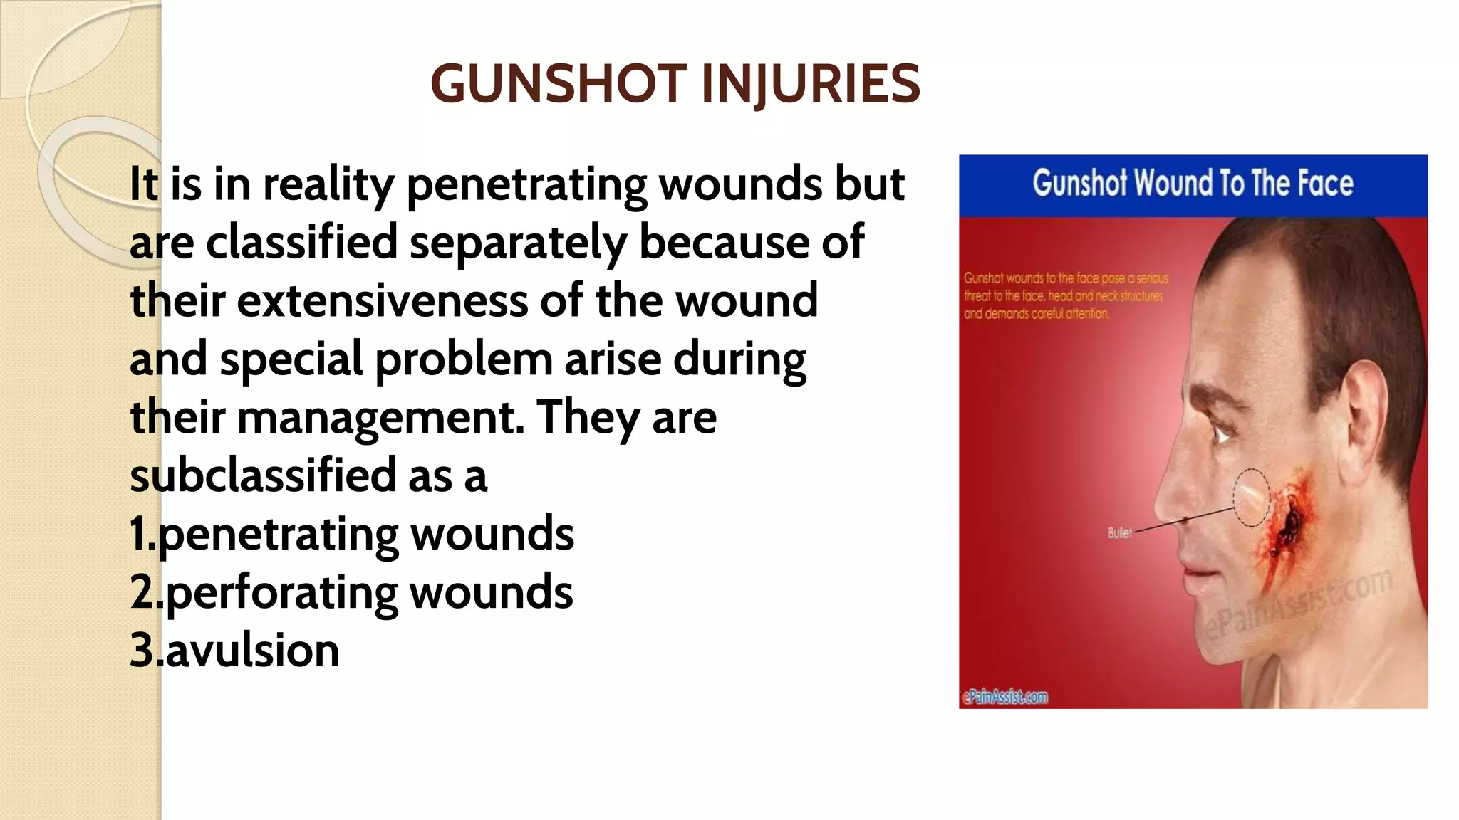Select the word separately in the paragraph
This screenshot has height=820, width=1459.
coord(518,243)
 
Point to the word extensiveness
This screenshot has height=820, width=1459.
coord(382,301)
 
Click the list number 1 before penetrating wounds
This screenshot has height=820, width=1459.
coord(138,534)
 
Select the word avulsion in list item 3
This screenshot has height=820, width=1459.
coord(252,651)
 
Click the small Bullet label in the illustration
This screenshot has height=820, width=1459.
coord(1119,532)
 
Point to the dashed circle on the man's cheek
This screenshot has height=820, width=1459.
coord(1251,496)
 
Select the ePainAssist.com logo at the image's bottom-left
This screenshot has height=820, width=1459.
coord(1005,697)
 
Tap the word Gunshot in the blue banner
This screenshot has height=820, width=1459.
coord(1079,184)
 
